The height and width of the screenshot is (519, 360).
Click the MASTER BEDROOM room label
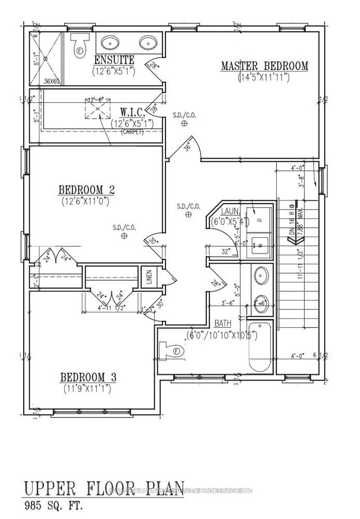tap(264, 66)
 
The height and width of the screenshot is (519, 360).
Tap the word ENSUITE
tap(114, 60)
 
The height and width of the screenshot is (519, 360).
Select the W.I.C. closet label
tap(134, 110)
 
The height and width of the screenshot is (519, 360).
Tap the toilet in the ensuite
tap(78, 43)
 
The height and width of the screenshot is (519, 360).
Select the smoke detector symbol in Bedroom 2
tap(123, 237)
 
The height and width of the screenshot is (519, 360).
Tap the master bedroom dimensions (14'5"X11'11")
tap(264, 78)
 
